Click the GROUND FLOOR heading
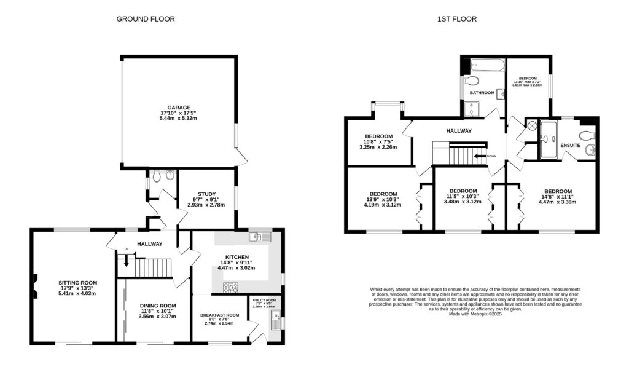coord(146,19)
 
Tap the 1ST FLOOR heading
coord(456,19)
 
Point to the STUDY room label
coord(206,194)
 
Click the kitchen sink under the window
coord(257,237)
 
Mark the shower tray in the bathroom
coord(474,109)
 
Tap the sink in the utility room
coord(275,318)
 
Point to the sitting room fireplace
coord(35,284)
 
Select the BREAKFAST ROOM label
coord(219,315)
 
